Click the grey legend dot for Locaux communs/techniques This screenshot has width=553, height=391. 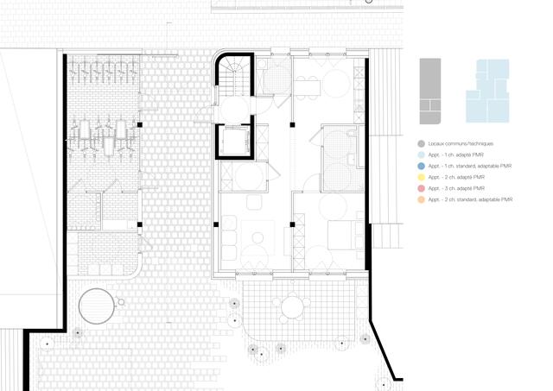point(420,143)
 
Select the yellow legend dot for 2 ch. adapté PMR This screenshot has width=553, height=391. point(420,177)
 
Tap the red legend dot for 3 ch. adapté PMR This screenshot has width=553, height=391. point(420,188)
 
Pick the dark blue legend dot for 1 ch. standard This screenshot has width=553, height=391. point(420,166)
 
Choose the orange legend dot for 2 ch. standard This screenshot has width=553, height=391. point(420,199)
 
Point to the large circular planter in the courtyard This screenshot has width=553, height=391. point(96,305)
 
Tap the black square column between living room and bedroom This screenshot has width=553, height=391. point(293,224)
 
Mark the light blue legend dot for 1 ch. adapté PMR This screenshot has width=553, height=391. point(420,155)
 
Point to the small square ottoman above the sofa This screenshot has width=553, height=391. point(253,204)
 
